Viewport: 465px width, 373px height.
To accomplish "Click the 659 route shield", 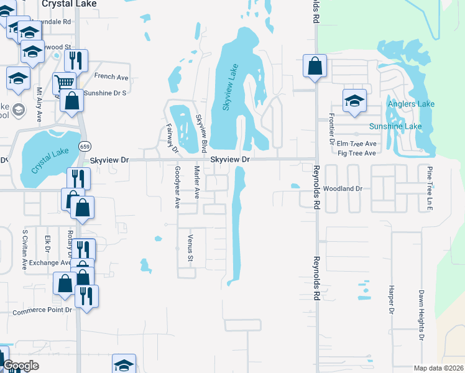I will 84,145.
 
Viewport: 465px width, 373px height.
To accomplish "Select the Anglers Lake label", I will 411,104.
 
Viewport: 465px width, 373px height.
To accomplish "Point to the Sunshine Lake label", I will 395,126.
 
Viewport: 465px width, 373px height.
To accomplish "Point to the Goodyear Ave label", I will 177,186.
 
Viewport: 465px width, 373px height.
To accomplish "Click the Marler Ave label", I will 196,182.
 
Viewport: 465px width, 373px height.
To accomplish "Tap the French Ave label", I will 111,77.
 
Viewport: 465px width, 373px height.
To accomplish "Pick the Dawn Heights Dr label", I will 421,316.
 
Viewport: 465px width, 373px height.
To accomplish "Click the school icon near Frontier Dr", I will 354,100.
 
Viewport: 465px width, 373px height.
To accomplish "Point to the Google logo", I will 21,366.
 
